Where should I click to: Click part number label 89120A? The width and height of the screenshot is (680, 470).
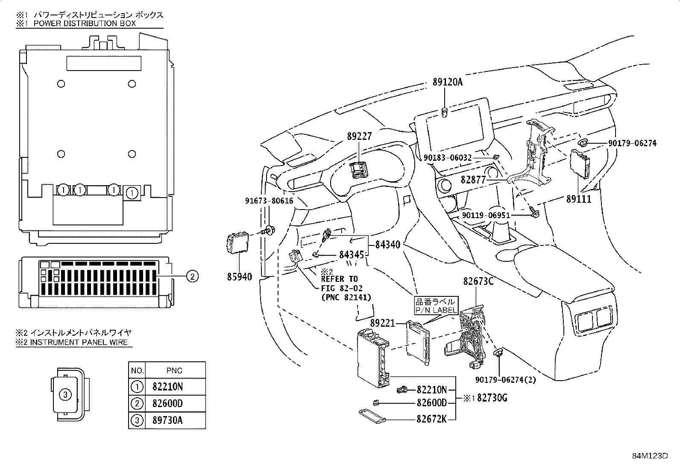click(448, 82)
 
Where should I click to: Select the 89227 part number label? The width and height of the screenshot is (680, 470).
click(359, 136)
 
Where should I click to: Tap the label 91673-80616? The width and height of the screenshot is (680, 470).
click(269, 201)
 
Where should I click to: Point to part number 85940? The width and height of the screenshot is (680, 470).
click(240, 277)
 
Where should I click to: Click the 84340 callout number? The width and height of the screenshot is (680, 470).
click(388, 245)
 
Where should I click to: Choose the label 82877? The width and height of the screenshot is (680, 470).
click(473, 180)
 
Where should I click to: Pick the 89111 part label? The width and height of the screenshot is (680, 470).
click(579, 199)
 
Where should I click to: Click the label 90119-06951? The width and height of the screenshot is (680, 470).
click(486, 215)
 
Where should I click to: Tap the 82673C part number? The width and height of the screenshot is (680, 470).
click(478, 281)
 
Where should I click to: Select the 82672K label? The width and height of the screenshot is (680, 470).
click(431, 419)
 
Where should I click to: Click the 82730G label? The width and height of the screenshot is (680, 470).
click(492, 398)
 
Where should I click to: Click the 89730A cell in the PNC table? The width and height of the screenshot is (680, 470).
click(167, 420)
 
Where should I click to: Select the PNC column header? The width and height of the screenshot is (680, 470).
click(175, 370)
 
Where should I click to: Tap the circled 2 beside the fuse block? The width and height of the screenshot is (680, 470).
click(192, 276)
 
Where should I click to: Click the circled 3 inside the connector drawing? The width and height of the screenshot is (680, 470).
click(65, 395)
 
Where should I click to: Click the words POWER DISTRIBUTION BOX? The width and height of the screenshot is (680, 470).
click(85, 24)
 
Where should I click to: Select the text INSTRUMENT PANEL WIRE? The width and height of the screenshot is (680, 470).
click(79, 342)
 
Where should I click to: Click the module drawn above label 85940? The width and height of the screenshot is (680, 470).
click(238, 243)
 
